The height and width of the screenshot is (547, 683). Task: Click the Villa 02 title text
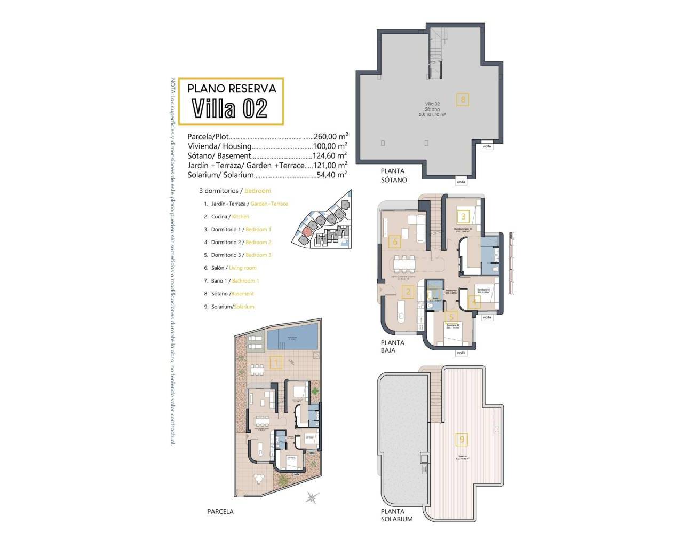coord(229,108)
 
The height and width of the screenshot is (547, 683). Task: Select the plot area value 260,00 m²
coord(330,136)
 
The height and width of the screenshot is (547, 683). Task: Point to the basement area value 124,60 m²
coord(330,156)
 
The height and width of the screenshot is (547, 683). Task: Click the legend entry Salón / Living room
coord(234,268)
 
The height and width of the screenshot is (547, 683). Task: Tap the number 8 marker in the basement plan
coord(463,99)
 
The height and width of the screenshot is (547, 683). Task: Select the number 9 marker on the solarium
coord(462,440)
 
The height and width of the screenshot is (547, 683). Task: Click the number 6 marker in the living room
coord(395,242)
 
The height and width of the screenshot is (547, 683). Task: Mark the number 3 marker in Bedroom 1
coord(464,216)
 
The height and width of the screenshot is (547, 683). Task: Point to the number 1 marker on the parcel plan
coord(276,363)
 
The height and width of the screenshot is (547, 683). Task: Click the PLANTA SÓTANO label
coord(394,176)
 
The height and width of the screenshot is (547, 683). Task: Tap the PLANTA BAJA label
coord(392,347)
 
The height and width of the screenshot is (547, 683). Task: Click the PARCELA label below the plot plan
coord(220,511)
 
